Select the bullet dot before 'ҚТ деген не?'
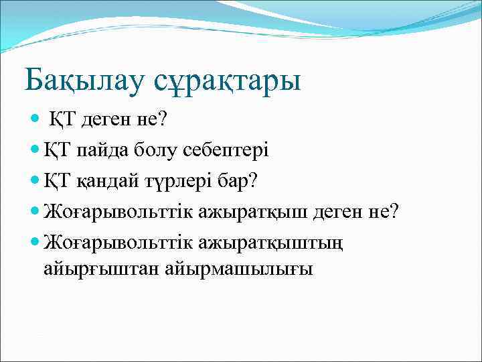(x=35, y=120)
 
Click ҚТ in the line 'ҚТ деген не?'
(x=67, y=120)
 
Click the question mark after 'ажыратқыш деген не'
(x=394, y=210)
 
